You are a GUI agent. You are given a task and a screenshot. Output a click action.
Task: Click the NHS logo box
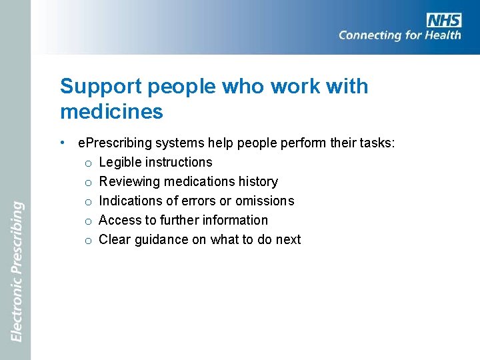coord(443,19)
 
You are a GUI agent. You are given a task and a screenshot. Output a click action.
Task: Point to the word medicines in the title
coord(111,111)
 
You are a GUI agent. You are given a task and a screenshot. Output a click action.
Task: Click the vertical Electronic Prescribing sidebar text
coord(17,271)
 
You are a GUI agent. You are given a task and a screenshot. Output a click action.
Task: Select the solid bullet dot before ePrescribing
coord(61,142)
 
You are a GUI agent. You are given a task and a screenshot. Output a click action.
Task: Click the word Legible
coord(121,162)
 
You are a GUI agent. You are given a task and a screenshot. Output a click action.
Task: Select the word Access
coord(119,220)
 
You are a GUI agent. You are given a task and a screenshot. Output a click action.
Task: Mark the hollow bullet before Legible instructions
coord(87,163)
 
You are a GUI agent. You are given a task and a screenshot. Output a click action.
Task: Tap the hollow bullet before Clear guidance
coord(87,240)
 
